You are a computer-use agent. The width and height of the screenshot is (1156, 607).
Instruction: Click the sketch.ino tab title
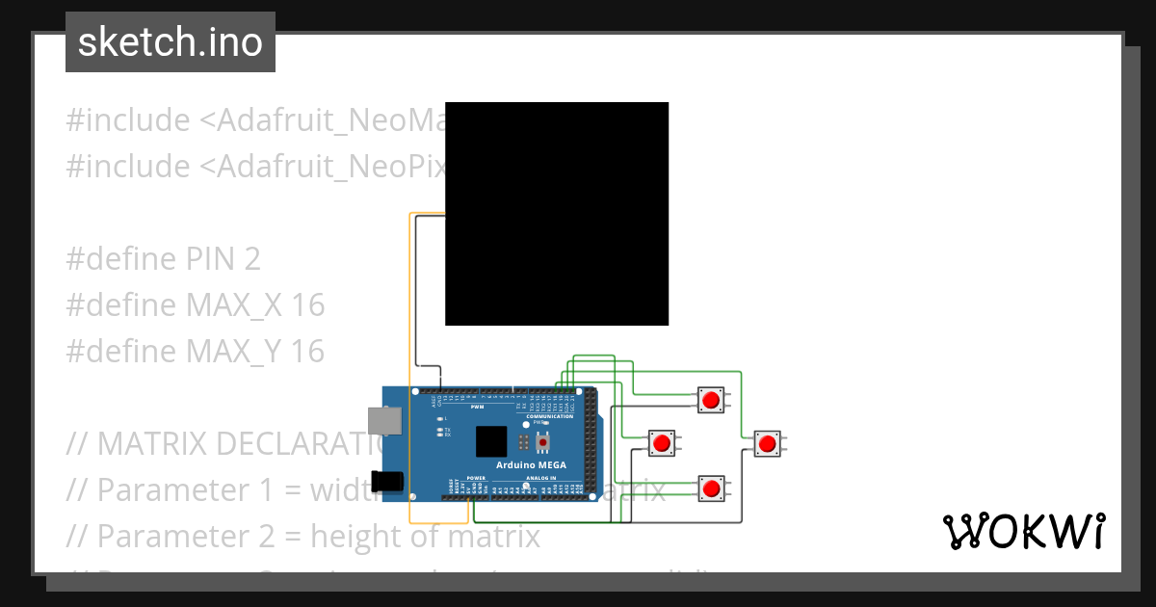coord(170,42)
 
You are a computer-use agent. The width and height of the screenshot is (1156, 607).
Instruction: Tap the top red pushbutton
coord(711,399)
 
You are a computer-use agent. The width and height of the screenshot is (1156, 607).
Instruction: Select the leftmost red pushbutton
coord(661,443)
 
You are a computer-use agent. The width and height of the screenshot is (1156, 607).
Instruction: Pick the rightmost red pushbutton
coord(767,443)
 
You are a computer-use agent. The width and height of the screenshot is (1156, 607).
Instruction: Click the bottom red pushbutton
coord(711,488)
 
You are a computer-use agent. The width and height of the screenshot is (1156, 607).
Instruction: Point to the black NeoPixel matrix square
coord(557,214)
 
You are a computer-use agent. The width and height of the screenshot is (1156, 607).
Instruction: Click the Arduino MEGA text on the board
coord(531,464)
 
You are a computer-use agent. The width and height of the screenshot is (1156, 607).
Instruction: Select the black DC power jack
coord(387,481)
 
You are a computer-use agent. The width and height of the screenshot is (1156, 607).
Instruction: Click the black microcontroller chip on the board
coord(491,440)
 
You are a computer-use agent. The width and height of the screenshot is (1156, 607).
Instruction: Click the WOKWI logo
coord(1023,531)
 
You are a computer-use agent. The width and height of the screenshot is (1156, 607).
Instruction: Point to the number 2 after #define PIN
coord(251,259)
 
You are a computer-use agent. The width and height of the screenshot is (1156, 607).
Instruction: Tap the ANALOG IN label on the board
coord(540,478)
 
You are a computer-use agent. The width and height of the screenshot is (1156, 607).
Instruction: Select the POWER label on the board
coord(476,478)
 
